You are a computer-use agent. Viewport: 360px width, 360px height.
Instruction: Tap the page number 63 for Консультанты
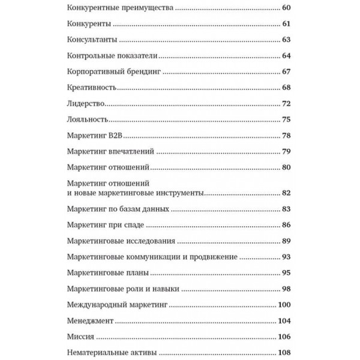(x=286, y=41)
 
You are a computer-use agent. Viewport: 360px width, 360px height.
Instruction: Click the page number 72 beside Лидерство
(x=286, y=104)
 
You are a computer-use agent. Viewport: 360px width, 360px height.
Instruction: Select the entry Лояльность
(x=88, y=119)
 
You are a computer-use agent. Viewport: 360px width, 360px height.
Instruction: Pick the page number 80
(x=286, y=167)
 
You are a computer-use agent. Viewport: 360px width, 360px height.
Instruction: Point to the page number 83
(x=286, y=209)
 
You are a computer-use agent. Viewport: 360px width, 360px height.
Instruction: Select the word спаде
(x=133, y=225)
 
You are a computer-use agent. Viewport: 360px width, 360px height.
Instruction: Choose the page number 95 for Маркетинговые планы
(x=286, y=273)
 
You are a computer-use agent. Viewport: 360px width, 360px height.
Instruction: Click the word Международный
(x=96, y=305)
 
